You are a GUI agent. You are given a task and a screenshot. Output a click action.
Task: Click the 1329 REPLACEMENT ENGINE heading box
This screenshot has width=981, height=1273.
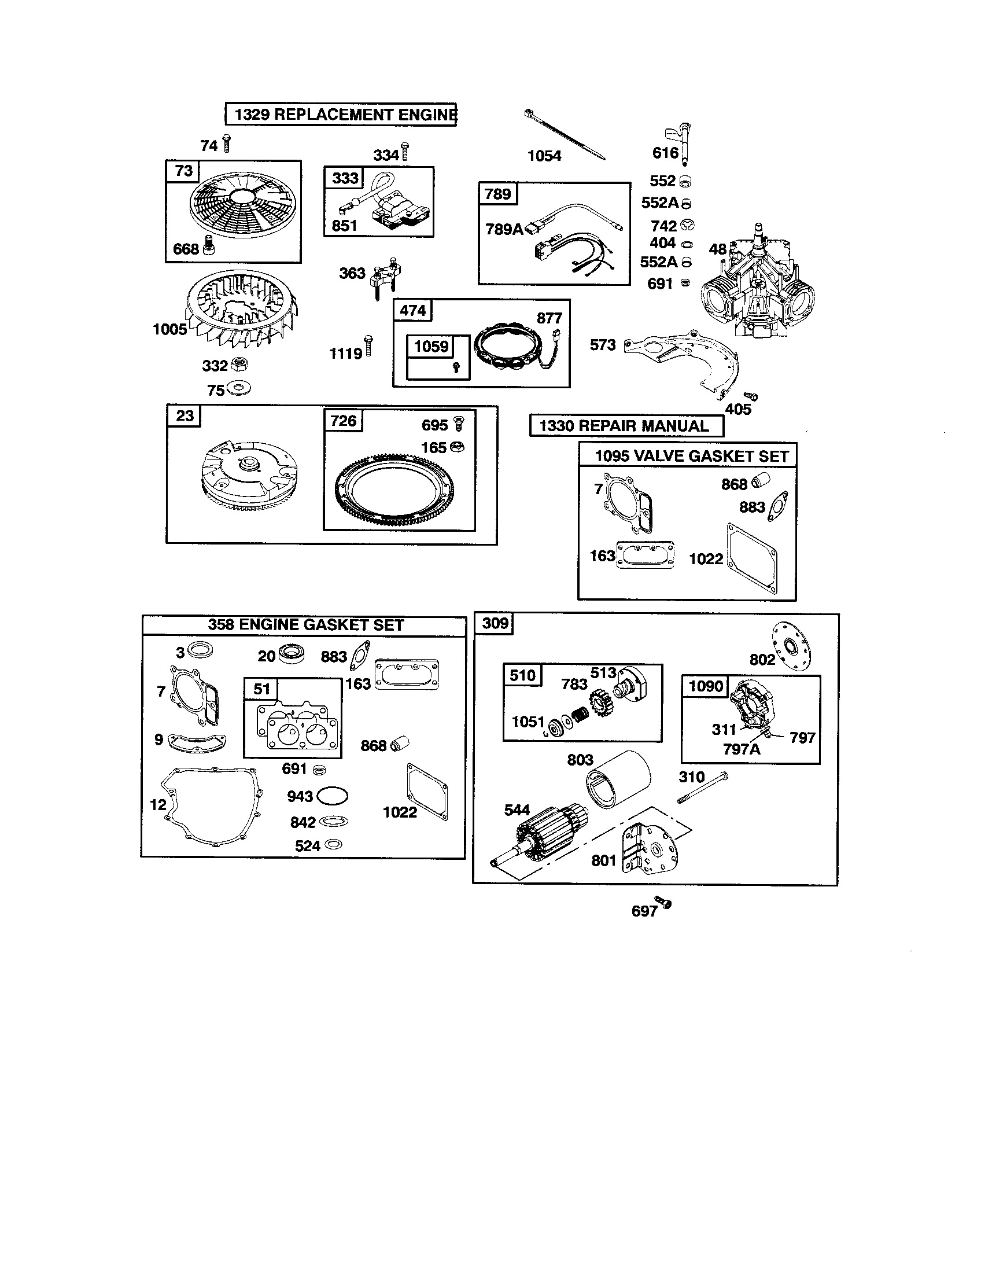(x=341, y=114)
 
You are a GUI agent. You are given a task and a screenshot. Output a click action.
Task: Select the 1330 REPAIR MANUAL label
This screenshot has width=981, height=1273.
(x=626, y=426)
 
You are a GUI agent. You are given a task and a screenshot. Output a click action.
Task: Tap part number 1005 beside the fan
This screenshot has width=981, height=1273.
(x=169, y=330)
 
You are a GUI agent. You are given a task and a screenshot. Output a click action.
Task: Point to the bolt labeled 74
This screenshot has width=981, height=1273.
(x=227, y=143)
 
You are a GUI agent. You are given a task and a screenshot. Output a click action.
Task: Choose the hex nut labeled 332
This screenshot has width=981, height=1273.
(x=239, y=365)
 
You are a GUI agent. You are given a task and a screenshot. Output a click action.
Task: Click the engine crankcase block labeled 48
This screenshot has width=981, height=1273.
(x=757, y=286)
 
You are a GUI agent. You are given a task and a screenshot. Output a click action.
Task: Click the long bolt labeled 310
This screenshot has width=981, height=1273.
(x=703, y=788)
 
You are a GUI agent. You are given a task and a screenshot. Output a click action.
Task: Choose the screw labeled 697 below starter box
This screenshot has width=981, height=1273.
(x=663, y=903)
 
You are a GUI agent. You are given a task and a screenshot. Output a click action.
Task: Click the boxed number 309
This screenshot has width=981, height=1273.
(x=495, y=624)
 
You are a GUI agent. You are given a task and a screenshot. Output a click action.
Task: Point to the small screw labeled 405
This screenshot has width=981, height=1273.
(x=752, y=397)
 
